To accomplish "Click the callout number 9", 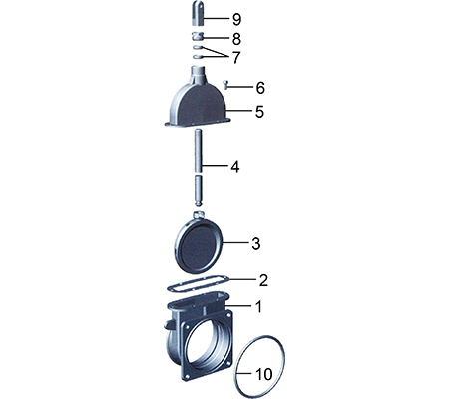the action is pos(236,19).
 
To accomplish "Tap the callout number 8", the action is pos(236,39).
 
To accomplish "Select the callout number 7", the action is pos(235,57).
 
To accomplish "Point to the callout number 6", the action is pos(260,88).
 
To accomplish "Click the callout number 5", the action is pos(259,112).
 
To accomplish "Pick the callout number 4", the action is pos(235,166).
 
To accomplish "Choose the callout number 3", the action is pos(255,243).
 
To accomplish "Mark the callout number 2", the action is pos(263,280).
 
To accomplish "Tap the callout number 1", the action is pos(258,306).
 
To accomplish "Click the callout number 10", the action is pos(264,374).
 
